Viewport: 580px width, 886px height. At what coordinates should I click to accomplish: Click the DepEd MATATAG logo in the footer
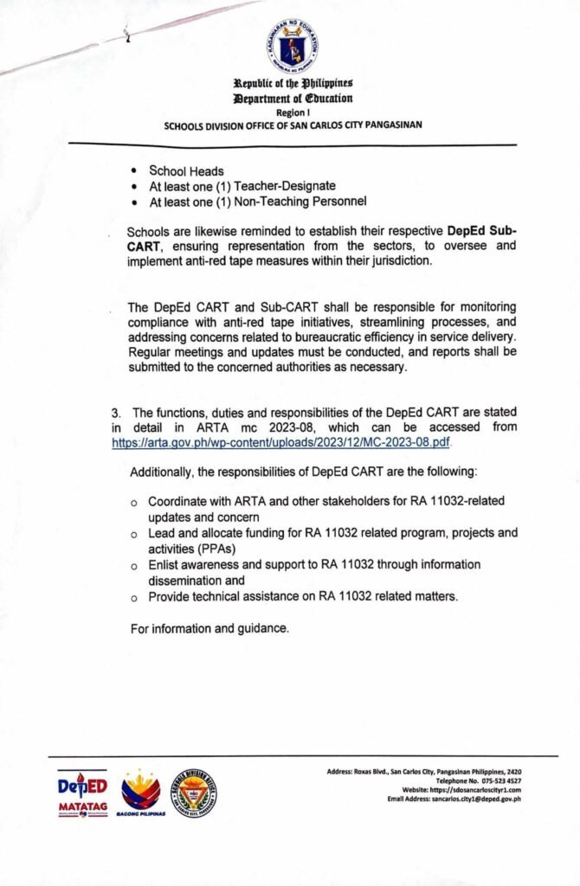[83, 794]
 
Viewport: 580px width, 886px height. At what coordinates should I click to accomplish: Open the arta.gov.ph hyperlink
[281, 441]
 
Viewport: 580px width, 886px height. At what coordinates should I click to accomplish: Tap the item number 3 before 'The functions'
[103, 413]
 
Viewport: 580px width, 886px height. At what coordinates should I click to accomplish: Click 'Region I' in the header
[292, 112]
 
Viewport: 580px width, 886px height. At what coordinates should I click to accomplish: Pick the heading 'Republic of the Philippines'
[292, 85]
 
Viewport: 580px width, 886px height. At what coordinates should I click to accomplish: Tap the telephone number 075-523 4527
[489, 780]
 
